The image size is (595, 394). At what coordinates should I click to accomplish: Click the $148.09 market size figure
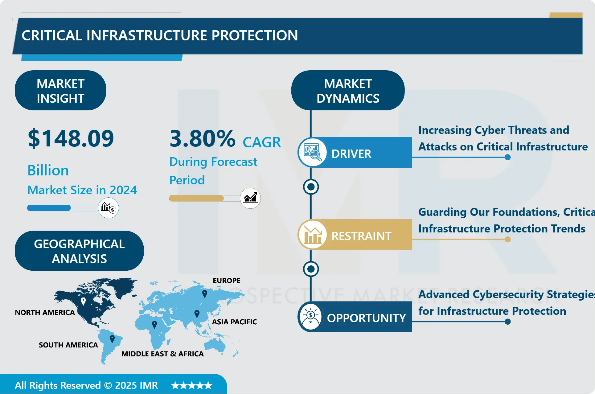coord(71,138)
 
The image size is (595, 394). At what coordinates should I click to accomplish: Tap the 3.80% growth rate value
coord(203,138)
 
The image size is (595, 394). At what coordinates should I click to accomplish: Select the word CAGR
coord(262,142)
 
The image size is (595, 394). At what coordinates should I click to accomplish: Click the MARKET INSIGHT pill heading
coord(60,91)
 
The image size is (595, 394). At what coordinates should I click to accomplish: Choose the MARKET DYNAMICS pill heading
coord(348,91)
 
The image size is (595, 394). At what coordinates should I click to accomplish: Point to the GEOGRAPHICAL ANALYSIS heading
coord(79,251)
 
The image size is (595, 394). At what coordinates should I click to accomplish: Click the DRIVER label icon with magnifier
coord(312,152)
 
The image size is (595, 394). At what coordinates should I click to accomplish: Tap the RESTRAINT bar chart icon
coord(312,235)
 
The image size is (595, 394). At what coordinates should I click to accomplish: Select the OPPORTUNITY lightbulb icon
coord(310,317)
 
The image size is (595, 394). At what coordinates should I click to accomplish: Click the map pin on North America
coord(83,301)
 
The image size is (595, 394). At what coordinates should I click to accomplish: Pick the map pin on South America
coord(112,339)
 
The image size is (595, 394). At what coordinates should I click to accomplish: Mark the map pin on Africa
coord(154,324)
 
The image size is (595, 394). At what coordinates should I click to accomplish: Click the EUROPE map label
coord(227,281)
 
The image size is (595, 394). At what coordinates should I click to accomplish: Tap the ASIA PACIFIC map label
coord(234,322)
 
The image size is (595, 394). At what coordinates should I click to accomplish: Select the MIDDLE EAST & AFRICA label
coord(162,354)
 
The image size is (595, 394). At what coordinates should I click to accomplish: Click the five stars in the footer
coord(192,385)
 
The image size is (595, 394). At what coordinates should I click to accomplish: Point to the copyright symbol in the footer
coord(108,385)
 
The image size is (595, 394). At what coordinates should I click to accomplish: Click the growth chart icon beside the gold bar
coord(250,198)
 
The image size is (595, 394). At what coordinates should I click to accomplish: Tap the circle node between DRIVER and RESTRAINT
coord(311,187)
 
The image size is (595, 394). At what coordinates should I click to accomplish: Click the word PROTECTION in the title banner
coord(255,35)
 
